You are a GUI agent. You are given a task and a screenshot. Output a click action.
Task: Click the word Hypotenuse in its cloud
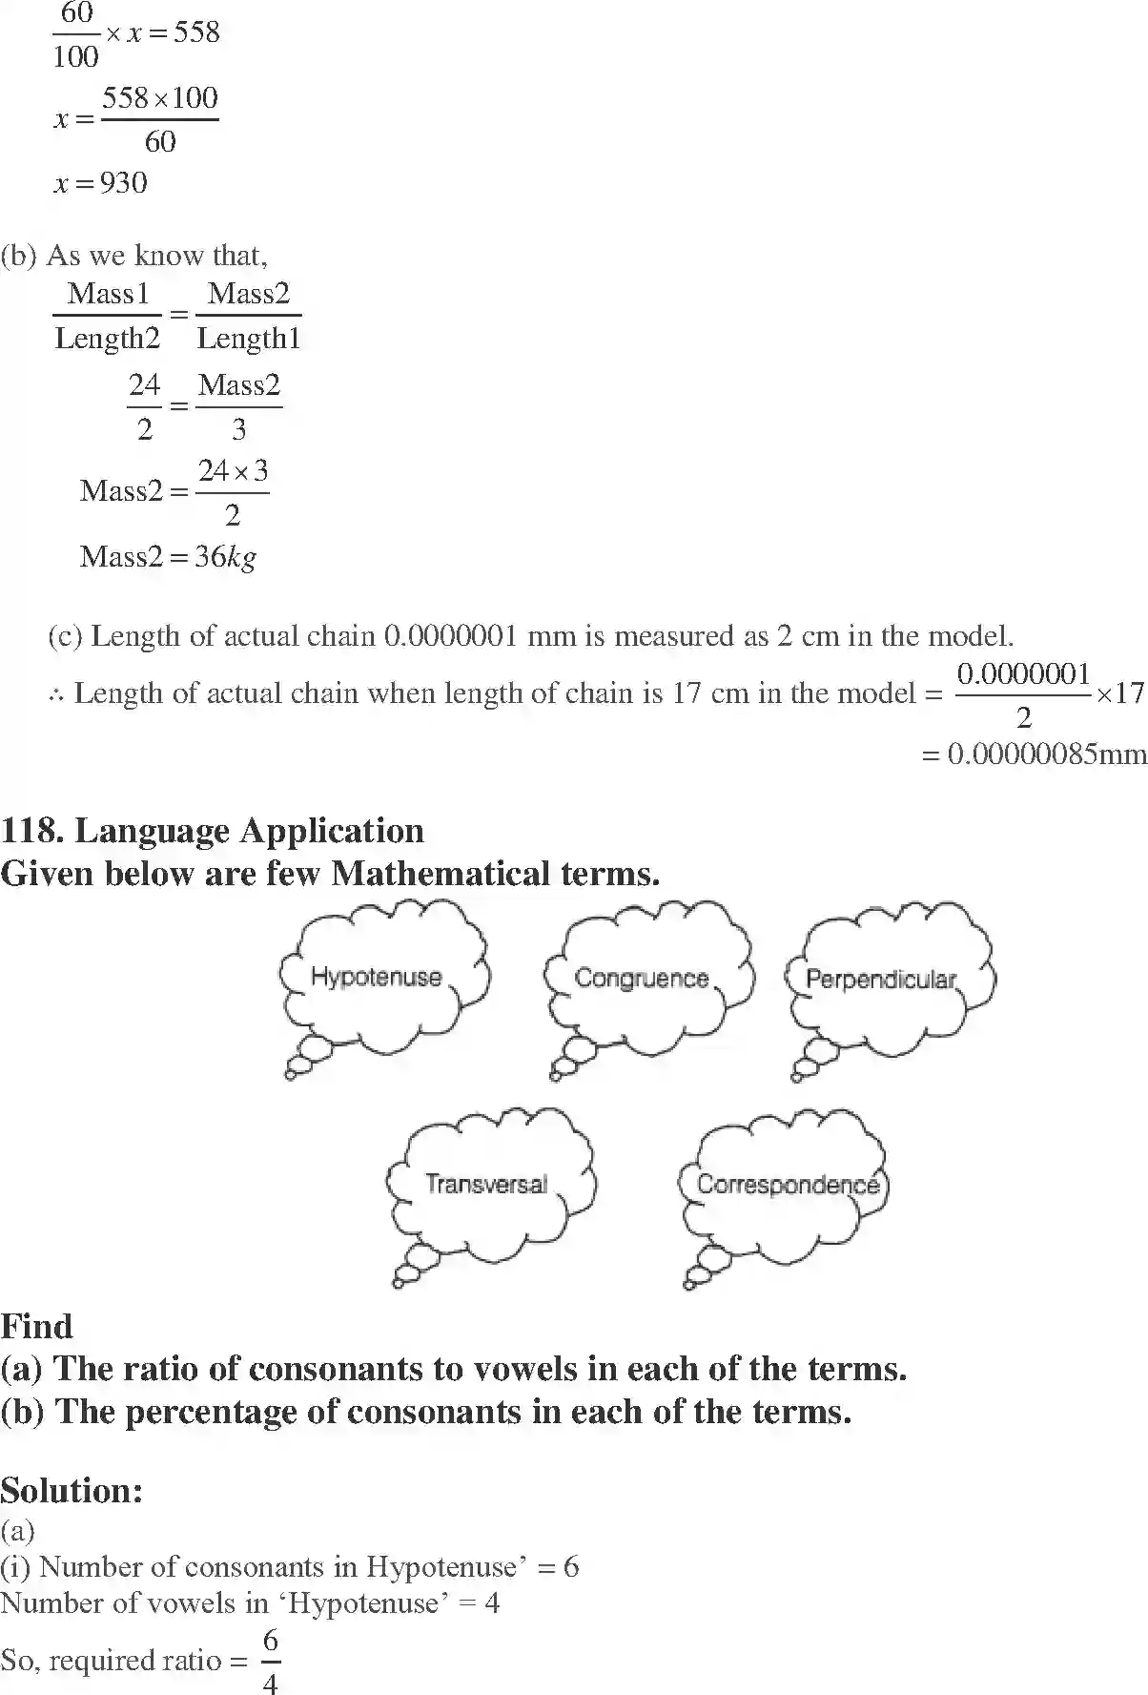point(377,977)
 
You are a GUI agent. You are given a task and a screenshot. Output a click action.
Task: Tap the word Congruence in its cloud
point(642,978)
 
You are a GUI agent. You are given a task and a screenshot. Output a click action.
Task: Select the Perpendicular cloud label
point(880,980)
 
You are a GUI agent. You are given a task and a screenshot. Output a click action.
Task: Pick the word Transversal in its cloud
point(486,1185)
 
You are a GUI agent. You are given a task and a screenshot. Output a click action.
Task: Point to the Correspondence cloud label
point(788,1185)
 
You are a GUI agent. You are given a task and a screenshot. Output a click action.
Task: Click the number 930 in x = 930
point(124,182)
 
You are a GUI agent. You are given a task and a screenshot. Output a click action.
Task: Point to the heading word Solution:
point(72,1489)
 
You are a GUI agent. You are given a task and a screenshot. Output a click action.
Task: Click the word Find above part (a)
point(36,1326)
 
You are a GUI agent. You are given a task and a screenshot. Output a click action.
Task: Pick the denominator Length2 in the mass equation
point(108,338)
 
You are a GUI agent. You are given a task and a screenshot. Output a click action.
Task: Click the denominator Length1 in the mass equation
point(248,338)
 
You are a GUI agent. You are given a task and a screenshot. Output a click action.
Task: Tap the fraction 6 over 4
point(270,1662)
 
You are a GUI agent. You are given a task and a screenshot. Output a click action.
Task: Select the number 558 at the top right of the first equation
point(196,32)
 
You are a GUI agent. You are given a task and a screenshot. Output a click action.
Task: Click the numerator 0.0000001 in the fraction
point(1023,674)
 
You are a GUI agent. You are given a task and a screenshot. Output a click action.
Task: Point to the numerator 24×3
point(233,470)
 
